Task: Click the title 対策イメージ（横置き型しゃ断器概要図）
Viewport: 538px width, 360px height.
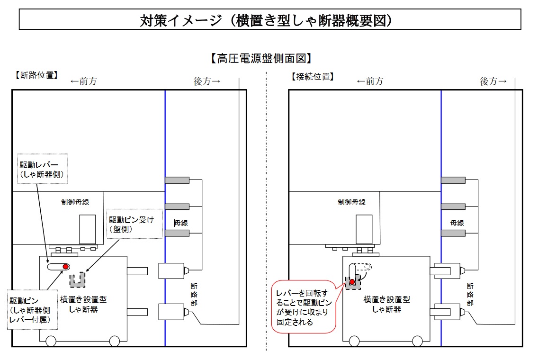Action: click(269, 20)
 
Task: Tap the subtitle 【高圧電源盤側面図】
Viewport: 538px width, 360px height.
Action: click(261, 58)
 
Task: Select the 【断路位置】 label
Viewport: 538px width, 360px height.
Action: click(36, 75)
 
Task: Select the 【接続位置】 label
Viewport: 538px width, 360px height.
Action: click(313, 76)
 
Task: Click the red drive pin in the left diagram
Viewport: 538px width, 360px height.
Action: click(66, 267)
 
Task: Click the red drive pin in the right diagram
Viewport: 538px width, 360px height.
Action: click(352, 282)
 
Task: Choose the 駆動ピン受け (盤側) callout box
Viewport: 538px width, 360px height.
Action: click(135, 224)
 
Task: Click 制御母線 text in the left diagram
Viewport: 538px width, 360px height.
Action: click(75, 202)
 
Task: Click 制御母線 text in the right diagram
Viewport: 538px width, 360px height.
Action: click(351, 202)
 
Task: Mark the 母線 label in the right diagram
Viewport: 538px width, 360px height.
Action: click(457, 223)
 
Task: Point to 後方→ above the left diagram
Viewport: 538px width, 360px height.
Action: click(207, 81)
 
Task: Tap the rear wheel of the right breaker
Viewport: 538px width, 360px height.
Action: click(417, 341)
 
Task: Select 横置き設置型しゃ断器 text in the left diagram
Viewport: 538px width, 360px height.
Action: click(83, 304)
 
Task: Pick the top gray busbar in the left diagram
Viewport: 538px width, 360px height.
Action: click(178, 180)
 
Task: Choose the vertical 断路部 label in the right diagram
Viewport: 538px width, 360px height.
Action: click(470, 294)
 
